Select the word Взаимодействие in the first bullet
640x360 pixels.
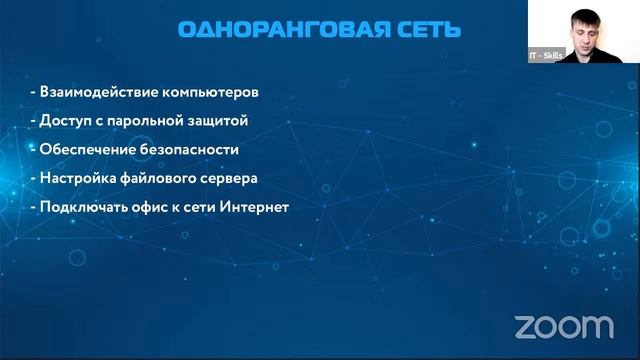point(91,92)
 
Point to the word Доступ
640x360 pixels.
point(65,121)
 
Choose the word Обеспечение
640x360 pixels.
point(86,150)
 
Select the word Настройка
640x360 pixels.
point(77,179)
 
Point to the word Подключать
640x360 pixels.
point(83,208)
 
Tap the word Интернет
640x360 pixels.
point(253,208)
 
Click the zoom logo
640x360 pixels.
point(563,326)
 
